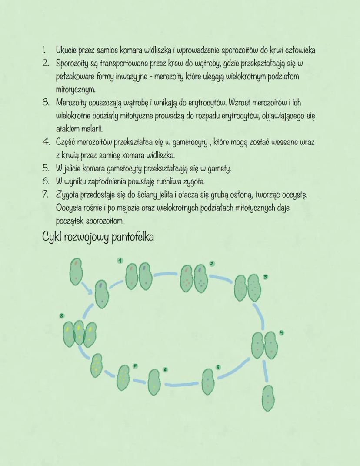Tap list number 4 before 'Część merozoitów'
tap(45, 142)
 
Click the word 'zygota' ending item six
tap(197, 181)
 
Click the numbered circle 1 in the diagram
tap(120, 260)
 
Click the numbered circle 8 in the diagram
tap(62, 316)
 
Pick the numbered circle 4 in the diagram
tap(282, 333)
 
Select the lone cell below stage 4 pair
tap(268, 398)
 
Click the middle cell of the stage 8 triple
tap(79, 333)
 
